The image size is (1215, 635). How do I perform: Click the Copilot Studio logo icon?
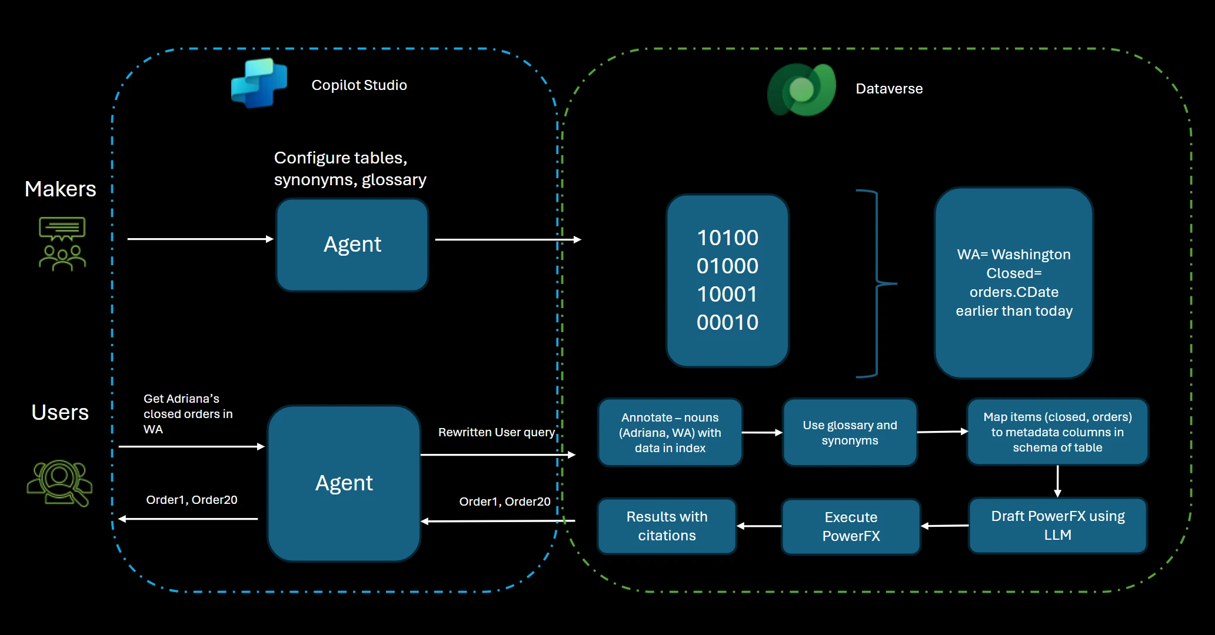259,83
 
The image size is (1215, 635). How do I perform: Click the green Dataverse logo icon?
801,90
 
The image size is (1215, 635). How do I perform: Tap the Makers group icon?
62,244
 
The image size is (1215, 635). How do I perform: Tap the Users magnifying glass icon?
60,482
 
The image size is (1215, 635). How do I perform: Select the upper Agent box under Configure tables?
352,245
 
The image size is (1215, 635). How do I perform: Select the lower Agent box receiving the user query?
344,483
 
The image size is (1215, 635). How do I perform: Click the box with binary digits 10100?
727,280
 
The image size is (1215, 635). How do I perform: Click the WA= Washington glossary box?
1013,283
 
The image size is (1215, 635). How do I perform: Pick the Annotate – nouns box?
670,433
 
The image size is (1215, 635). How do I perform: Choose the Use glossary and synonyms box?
850,433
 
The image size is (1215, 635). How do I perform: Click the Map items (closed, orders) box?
1057,432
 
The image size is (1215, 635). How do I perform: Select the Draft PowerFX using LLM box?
1057,526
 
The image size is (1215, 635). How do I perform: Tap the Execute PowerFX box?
851,527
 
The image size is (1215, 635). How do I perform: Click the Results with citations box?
667,526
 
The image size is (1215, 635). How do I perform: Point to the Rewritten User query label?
496,432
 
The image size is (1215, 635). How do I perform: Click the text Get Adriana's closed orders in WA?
188,414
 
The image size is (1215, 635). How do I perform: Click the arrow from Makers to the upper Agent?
200,239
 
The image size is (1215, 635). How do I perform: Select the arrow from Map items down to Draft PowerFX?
1057,481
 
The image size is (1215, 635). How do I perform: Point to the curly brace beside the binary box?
877,283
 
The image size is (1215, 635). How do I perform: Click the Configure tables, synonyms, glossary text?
349,169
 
